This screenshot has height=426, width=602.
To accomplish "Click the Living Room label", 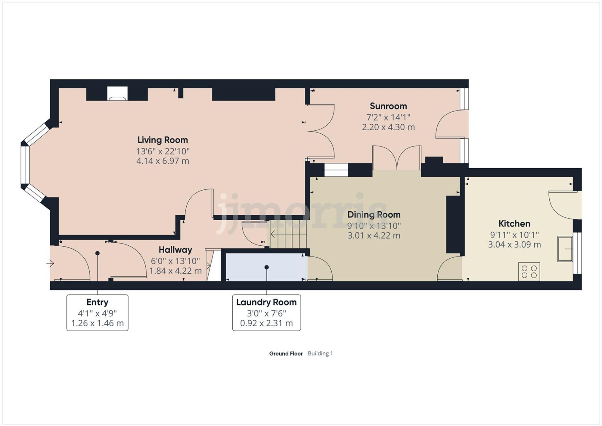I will point(163,140).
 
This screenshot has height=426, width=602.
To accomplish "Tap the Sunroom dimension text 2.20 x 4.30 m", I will point(388,127).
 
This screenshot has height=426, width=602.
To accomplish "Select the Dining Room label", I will point(374,215).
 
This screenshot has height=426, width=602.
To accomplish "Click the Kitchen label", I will point(514,224).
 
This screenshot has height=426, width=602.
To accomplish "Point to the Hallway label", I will point(175,250).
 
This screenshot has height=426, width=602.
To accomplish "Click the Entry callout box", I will point(97,313).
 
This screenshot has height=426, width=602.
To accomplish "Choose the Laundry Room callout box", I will point(266,313).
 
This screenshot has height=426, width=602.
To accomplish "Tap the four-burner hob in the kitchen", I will point(529,272).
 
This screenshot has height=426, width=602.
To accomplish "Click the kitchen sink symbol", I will point(565,249).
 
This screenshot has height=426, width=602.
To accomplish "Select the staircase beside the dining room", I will point(288,234).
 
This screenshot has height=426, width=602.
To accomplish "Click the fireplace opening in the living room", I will point(117,93).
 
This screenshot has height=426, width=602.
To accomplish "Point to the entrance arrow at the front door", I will point(50,264).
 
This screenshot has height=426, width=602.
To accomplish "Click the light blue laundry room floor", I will point(266,267).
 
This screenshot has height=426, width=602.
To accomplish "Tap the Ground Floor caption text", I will point(286,354).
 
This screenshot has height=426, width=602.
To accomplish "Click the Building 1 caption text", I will point(320,354).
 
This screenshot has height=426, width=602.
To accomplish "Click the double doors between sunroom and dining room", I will point(397,158).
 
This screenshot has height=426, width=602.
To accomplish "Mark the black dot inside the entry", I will point(97,253).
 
